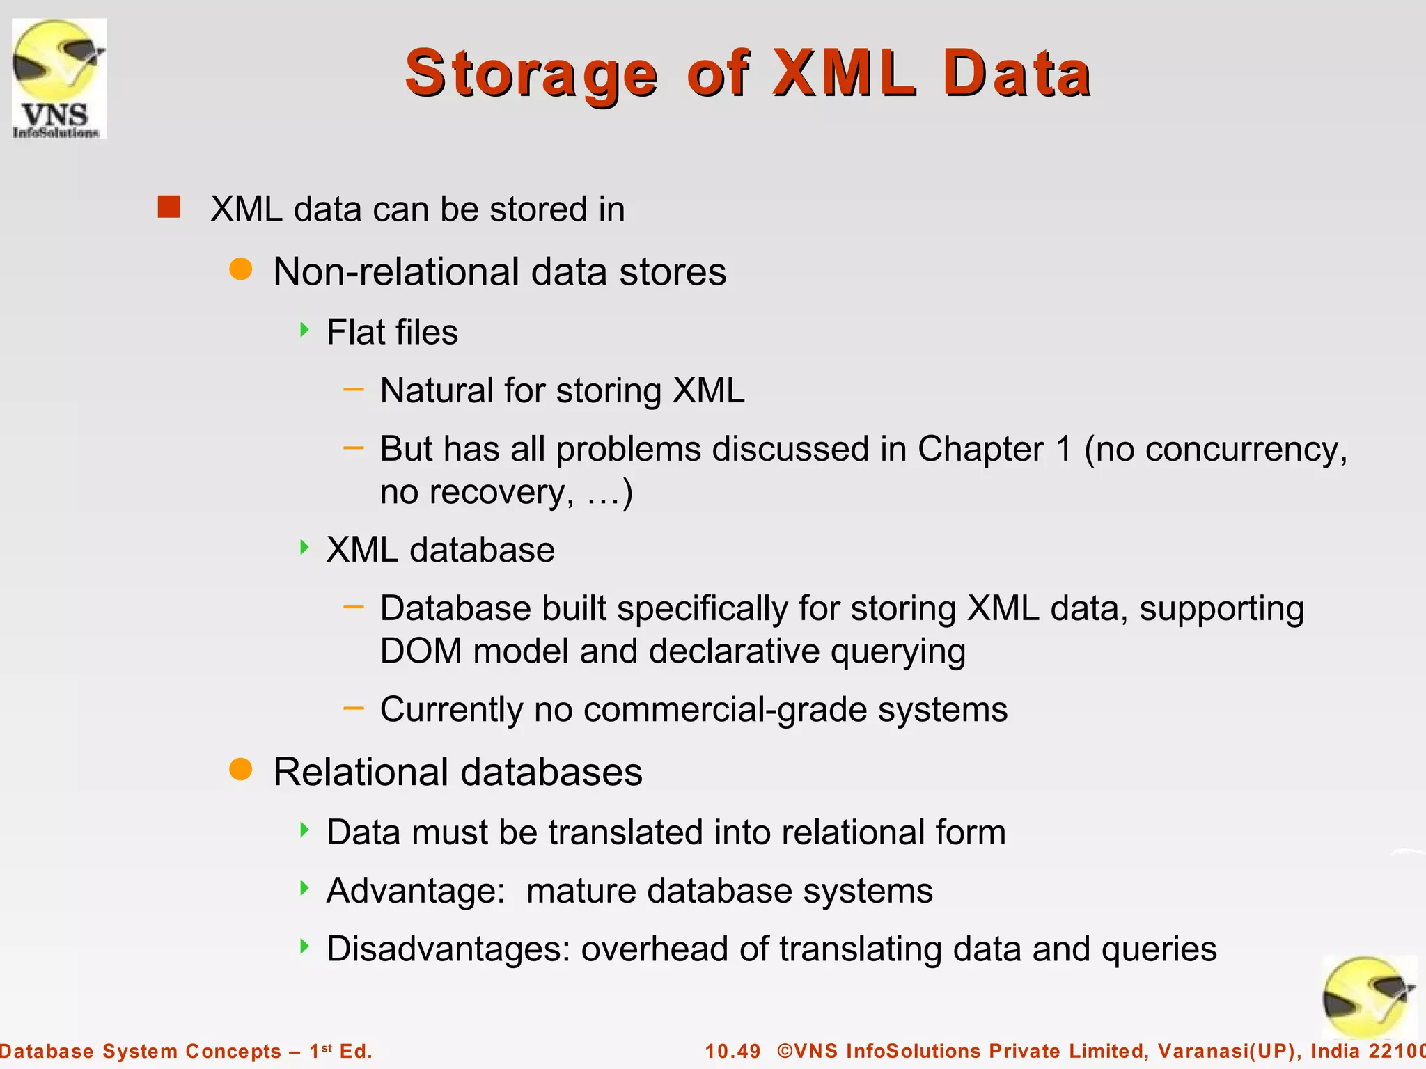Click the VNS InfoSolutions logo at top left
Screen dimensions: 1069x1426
click(x=59, y=79)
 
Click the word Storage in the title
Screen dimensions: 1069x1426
click(x=531, y=74)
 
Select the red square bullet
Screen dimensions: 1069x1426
click(x=169, y=207)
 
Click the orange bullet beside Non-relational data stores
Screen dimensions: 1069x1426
click(x=241, y=269)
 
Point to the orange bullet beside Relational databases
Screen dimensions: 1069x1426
click(x=241, y=769)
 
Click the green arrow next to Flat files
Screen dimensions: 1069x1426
click(x=304, y=330)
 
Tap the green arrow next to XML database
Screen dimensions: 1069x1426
click(x=304, y=548)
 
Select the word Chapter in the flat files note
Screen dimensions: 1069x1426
click(x=980, y=449)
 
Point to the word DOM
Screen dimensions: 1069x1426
click(x=421, y=651)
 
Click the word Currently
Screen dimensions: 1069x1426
click(x=451, y=710)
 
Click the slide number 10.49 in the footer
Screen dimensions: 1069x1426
click(x=732, y=1051)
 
